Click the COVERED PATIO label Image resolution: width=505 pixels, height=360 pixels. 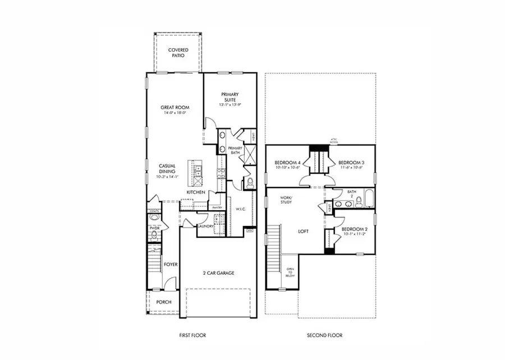pyautogui.click(x=178, y=53)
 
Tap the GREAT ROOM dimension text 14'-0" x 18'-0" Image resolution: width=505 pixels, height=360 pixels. pyautogui.click(x=175, y=113)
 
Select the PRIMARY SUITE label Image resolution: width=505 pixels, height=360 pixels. pyautogui.click(x=230, y=96)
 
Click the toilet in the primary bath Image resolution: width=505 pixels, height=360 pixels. pyautogui.click(x=251, y=182)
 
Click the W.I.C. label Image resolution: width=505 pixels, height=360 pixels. pyautogui.click(x=241, y=209)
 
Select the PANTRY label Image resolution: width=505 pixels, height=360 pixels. pyautogui.click(x=218, y=207)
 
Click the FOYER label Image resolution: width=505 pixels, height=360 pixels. pyautogui.click(x=170, y=264)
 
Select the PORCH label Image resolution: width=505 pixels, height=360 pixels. pyautogui.click(x=164, y=302)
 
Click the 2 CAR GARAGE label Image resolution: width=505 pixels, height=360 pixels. pyautogui.click(x=218, y=273)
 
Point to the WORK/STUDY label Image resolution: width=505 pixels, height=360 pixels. pyautogui.click(x=286, y=201)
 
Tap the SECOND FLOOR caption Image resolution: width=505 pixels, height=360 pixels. pyautogui.click(x=324, y=335)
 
